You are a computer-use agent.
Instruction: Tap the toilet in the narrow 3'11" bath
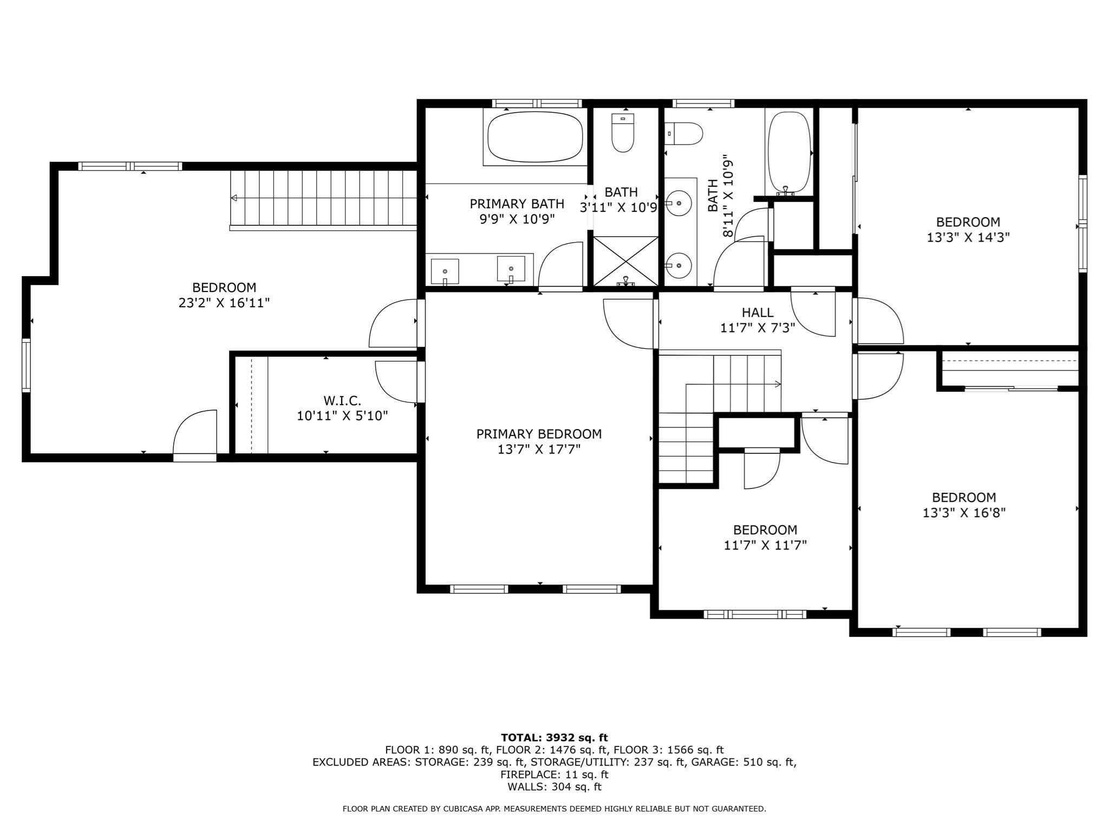click(623, 132)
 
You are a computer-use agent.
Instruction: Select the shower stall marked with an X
click(626, 261)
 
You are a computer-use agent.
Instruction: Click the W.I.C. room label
click(342, 401)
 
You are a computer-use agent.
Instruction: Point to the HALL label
click(758, 312)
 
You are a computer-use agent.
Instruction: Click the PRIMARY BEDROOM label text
click(539, 434)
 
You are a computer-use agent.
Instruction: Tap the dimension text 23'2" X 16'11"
click(224, 303)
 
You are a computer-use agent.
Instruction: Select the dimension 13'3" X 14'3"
click(968, 237)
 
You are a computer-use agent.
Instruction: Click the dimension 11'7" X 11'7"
click(765, 545)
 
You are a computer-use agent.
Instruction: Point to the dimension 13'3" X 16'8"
click(964, 512)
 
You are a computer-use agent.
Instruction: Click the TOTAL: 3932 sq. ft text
click(554, 737)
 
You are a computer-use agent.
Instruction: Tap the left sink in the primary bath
click(445, 271)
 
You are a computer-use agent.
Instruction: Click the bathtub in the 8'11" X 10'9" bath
click(789, 153)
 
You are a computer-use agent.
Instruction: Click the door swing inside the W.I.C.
click(396, 382)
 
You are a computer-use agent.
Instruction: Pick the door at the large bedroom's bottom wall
click(194, 435)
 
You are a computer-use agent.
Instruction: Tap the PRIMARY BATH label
click(517, 204)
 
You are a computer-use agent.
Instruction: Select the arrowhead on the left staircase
click(234, 198)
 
